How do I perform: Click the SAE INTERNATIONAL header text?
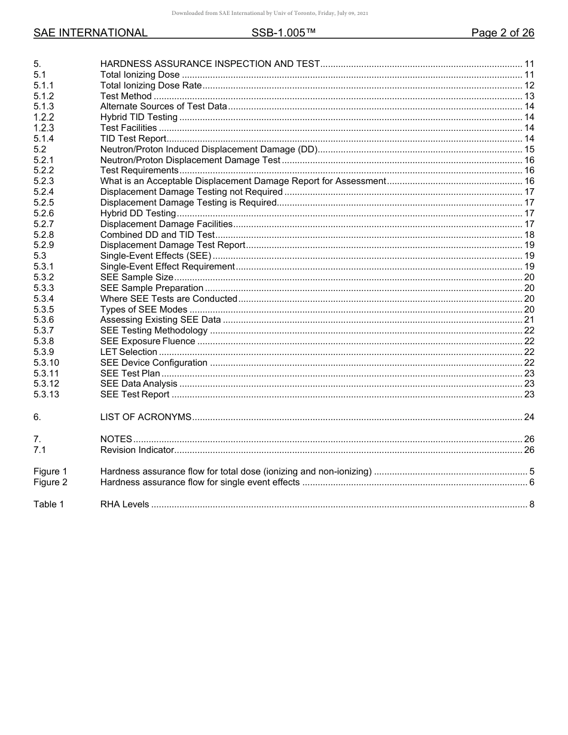tap(90, 33)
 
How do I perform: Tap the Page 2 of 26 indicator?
tap(502, 33)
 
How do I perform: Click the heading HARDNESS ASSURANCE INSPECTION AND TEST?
tap(210, 64)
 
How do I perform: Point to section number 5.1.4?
tap(44, 139)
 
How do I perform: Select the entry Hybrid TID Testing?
tap(139, 117)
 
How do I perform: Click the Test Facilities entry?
tap(129, 128)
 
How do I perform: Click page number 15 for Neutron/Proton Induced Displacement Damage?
tap(529, 149)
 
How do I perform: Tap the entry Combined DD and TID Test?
tap(157, 235)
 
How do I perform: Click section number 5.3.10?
tap(46, 363)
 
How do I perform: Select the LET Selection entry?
tap(129, 352)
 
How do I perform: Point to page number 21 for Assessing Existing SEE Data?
tap(529, 320)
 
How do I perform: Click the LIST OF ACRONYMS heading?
tap(146, 417)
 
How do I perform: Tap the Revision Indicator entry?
tap(137, 450)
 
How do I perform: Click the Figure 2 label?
tap(50, 482)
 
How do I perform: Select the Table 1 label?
tap(48, 504)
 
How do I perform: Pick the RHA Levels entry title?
tap(124, 504)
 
